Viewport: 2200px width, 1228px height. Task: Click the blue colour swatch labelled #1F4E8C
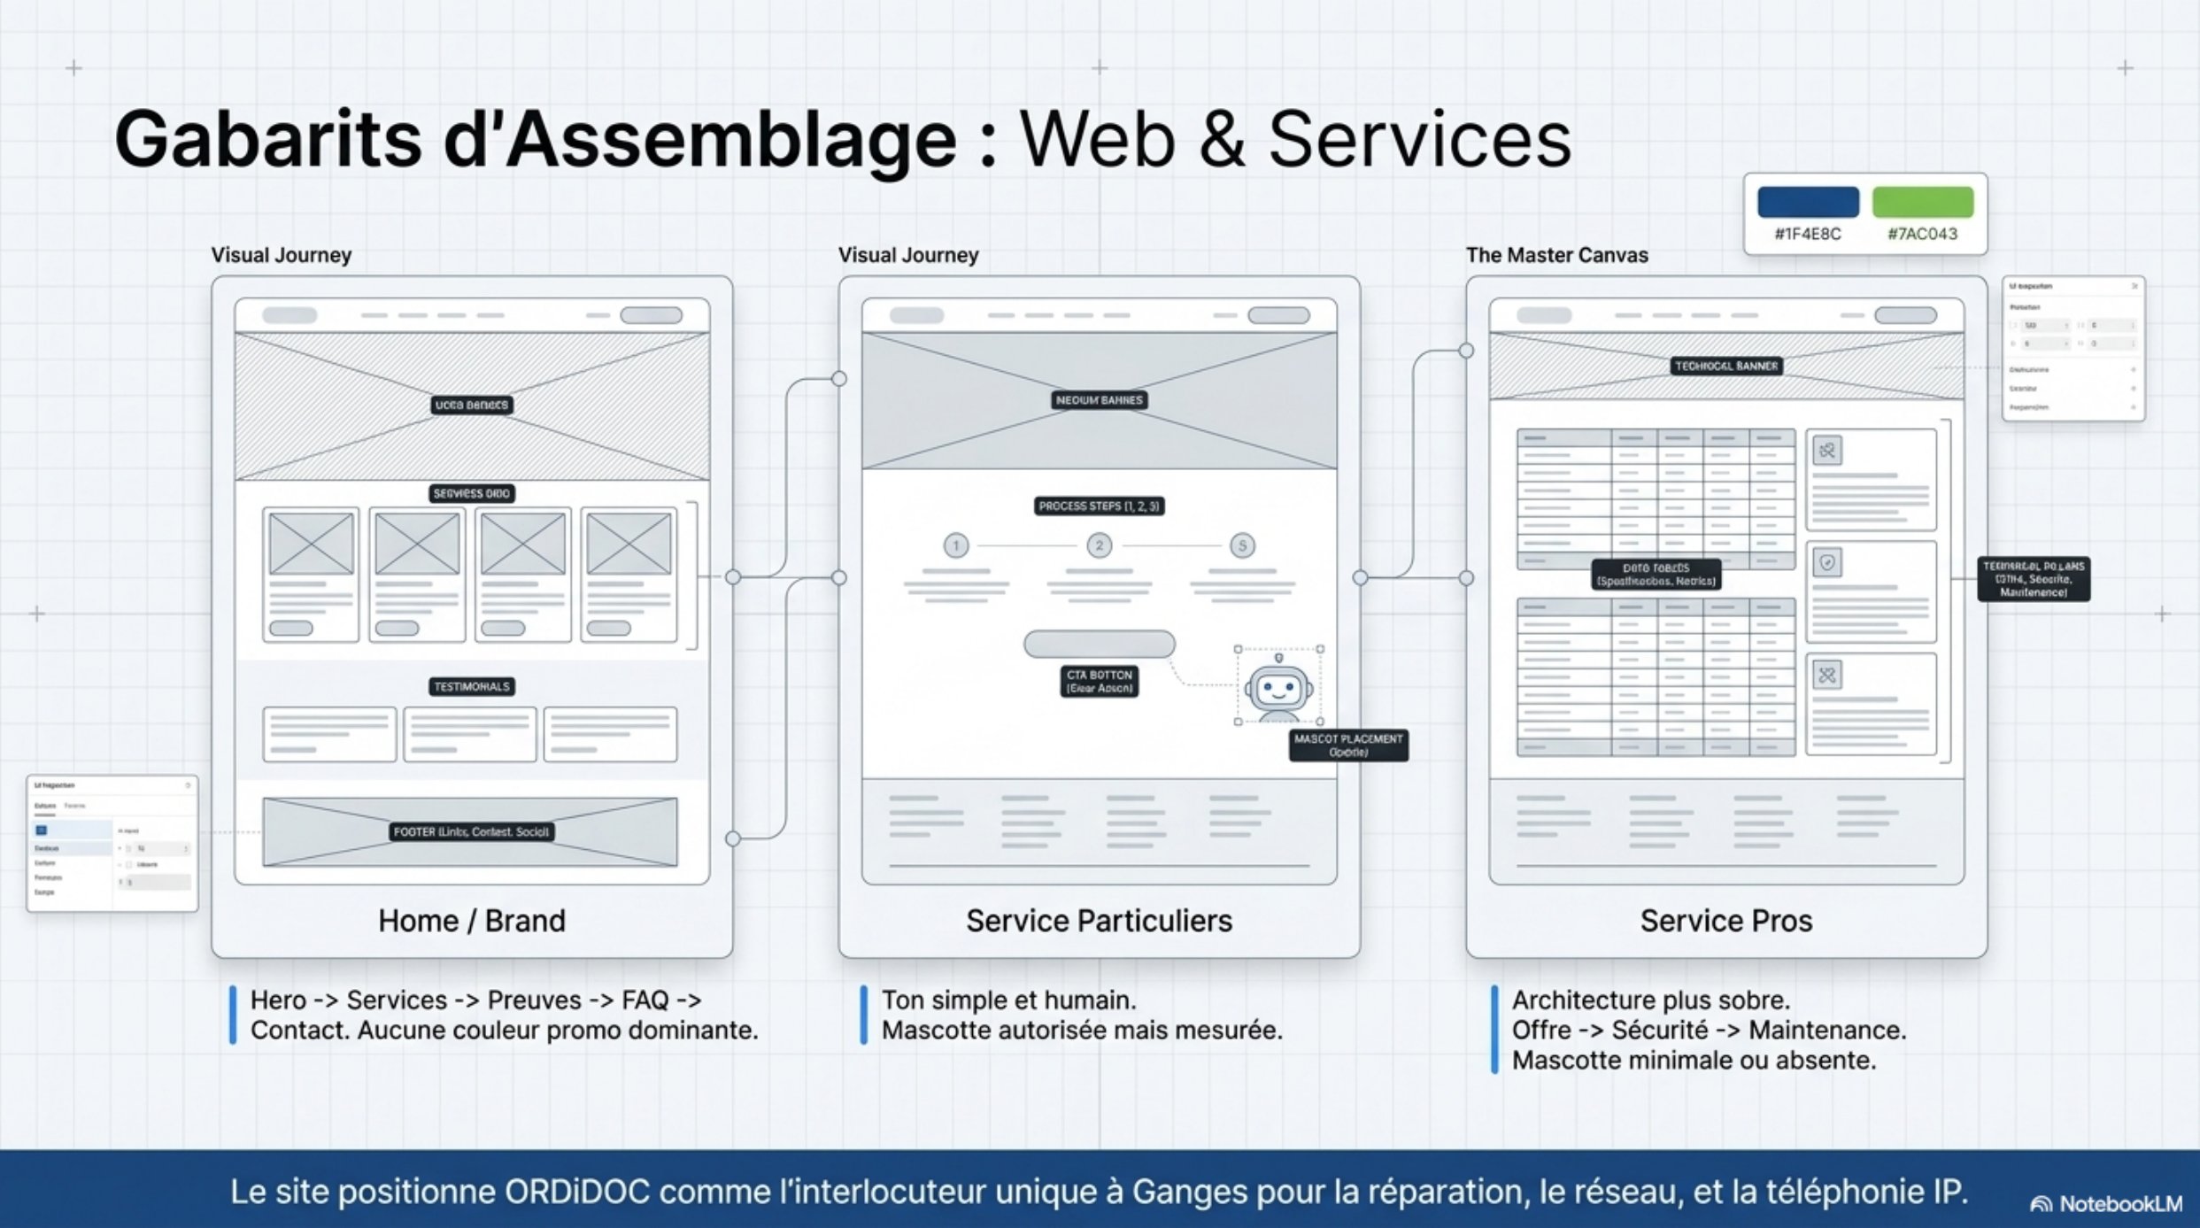tap(1808, 202)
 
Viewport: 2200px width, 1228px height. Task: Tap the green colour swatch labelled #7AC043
tap(1923, 202)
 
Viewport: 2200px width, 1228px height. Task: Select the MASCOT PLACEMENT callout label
tap(1348, 745)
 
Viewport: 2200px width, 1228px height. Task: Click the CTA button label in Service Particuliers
tap(1099, 681)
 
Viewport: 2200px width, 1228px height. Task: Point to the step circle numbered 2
tap(1099, 545)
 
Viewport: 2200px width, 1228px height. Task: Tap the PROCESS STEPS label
tap(1099, 506)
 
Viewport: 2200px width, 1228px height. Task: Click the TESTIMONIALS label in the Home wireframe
tap(472, 687)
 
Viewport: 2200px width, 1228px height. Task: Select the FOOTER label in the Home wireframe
tap(472, 832)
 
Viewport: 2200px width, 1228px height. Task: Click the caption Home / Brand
tap(472, 921)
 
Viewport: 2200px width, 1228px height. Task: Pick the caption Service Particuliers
tap(1099, 921)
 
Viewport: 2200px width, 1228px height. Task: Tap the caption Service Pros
tap(1725, 921)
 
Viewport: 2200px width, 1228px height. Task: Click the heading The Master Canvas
tap(1556, 256)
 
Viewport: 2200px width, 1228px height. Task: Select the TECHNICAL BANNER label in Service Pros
tap(1725, 366)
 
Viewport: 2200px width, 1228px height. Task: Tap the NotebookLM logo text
tap(2120, 1204)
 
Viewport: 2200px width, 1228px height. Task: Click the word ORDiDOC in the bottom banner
tap(577, 1192)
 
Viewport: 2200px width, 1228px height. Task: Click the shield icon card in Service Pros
tap(1870, 591)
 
